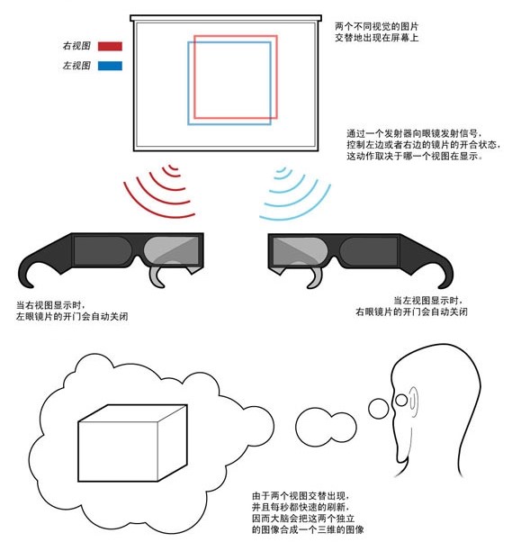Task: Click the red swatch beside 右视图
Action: [110, 46]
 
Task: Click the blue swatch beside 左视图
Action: [110, 66]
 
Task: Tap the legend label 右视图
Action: [76, 46]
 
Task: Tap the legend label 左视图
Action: [76, 66]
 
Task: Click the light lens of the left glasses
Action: [172, 250]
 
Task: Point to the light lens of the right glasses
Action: [301, 250]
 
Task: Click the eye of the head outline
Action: [401, 401]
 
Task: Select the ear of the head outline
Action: [413, 401]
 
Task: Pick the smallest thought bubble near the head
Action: [379, 408]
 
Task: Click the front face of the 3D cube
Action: [118, 451]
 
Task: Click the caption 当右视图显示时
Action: [49, 305]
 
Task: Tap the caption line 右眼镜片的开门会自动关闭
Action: [412, 312]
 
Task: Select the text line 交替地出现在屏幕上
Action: [377, 37]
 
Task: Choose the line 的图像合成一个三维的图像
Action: [308, 529]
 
